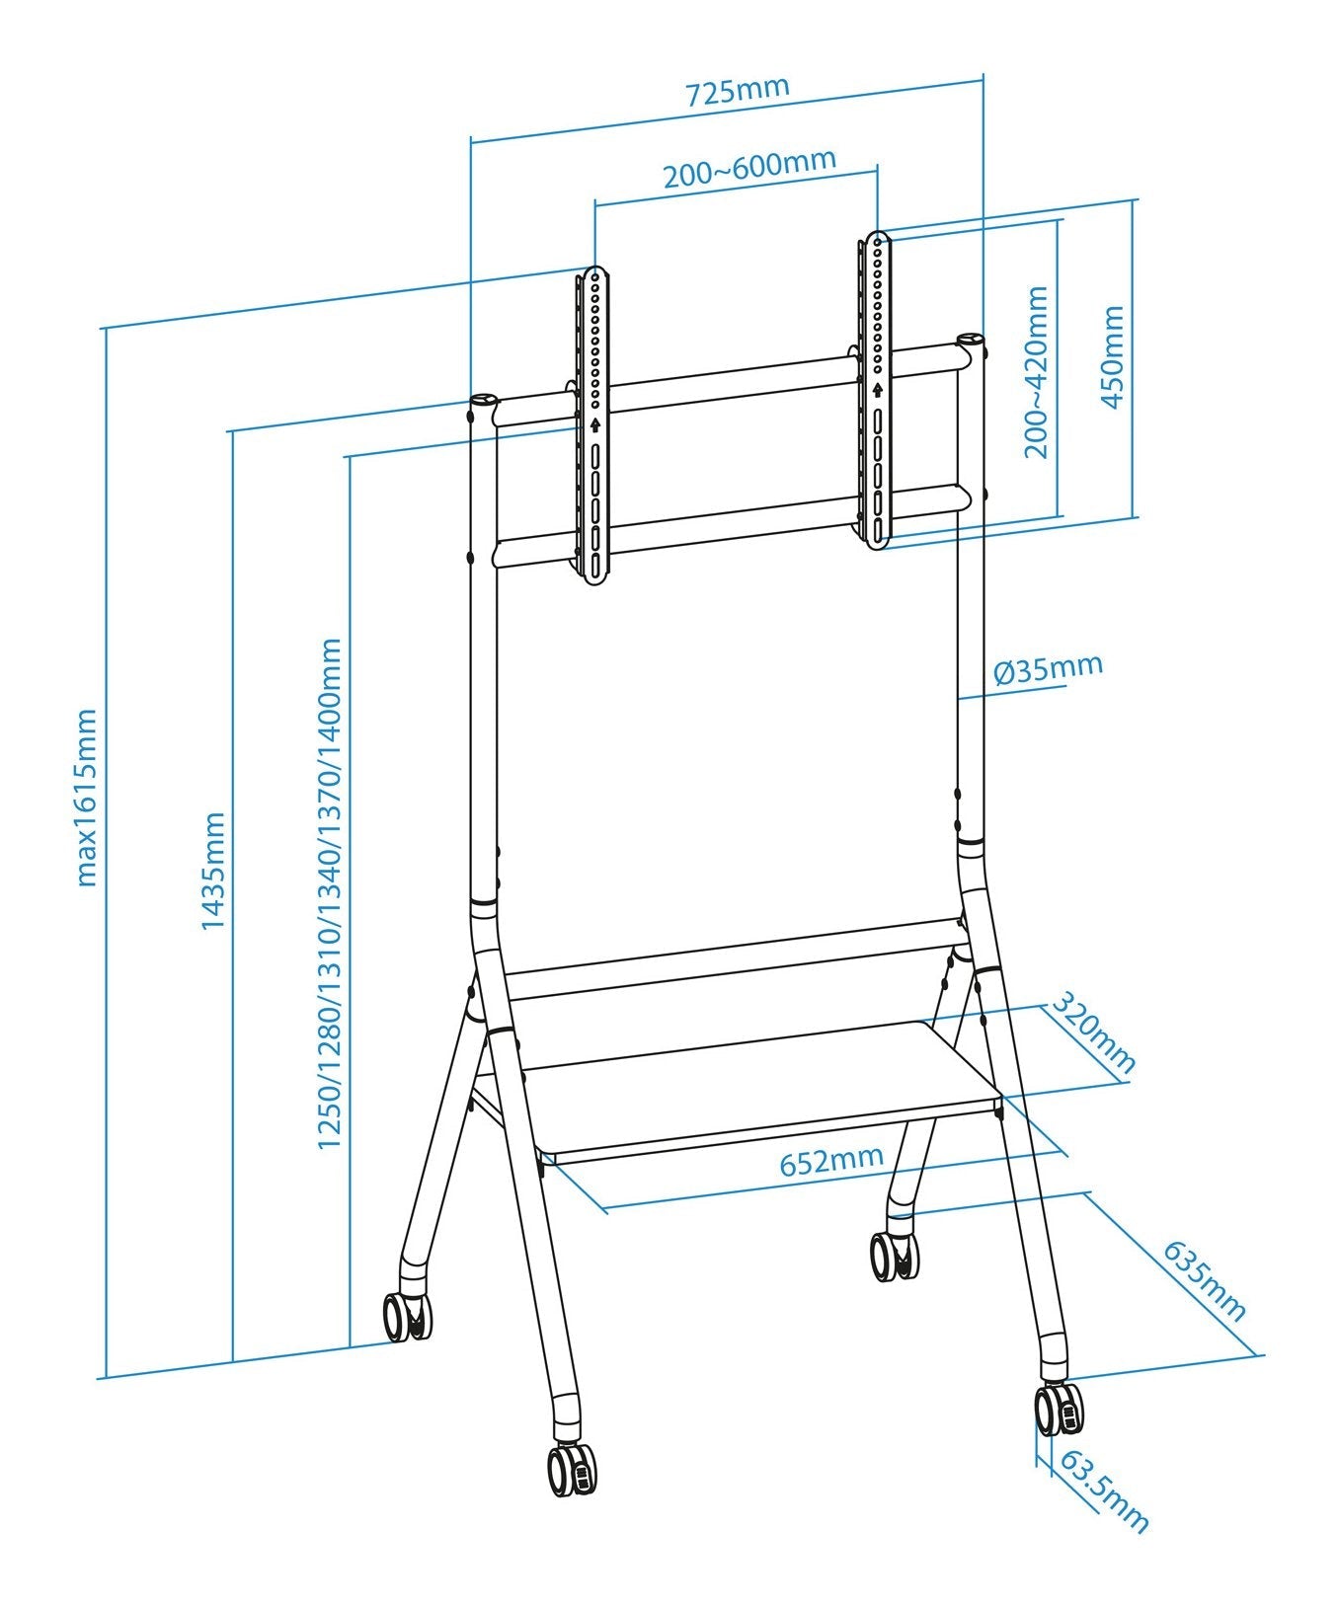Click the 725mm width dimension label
click(x=738, y=90)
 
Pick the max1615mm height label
click(x=87, y=796)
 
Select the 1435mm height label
click(x=213, y=870)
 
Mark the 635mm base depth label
click(x=1204, y=1280)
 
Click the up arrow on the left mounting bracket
click(x=595, y=425)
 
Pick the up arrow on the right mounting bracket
click(x=877, y=389)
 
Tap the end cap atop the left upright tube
click(x=482, y=401)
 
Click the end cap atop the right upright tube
click(x=971, y=340)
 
